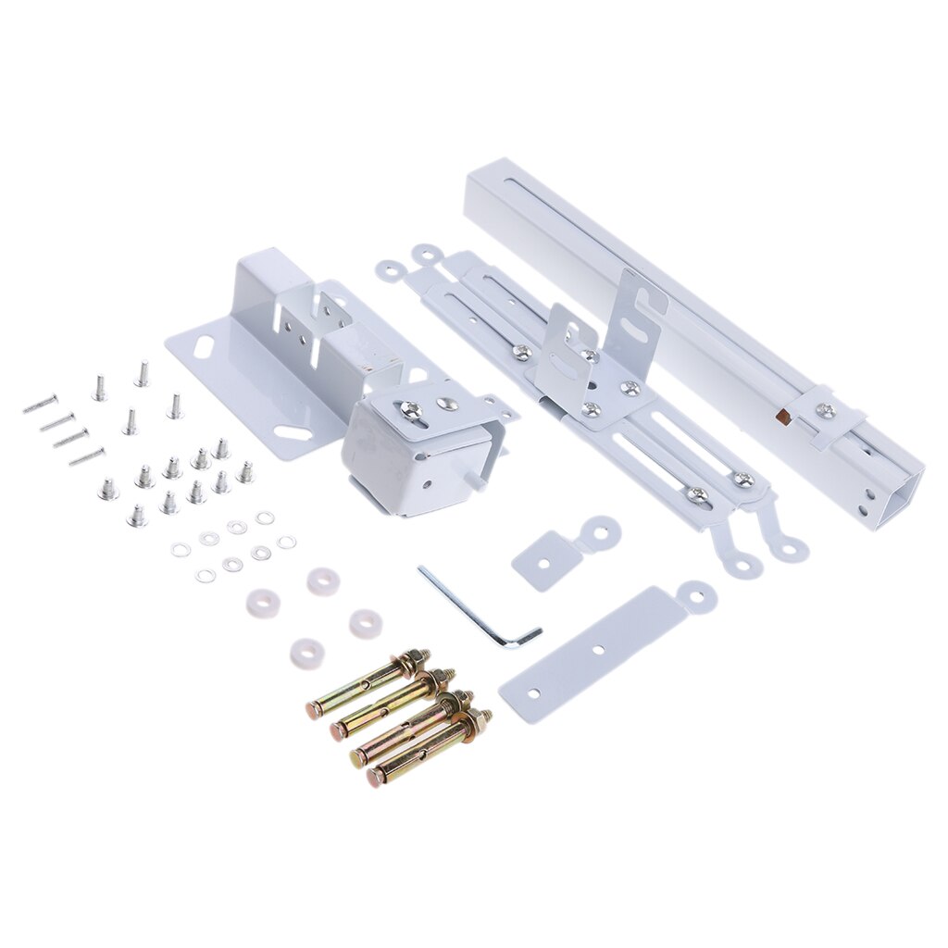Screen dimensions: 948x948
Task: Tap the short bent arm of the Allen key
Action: click(x=524, y=636)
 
